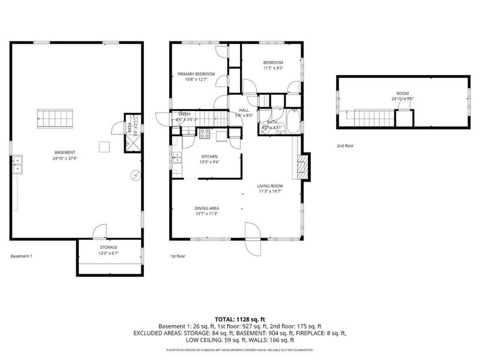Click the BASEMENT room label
point(64,153)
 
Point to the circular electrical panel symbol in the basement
point(136,175)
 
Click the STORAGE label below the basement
point(108,247)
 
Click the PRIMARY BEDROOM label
point(196,74)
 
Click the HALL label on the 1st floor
point(244,110)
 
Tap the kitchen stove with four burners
point(205,133)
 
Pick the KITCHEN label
point(209,157)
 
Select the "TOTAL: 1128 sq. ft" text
point(240,319)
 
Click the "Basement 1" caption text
point(22,256)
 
